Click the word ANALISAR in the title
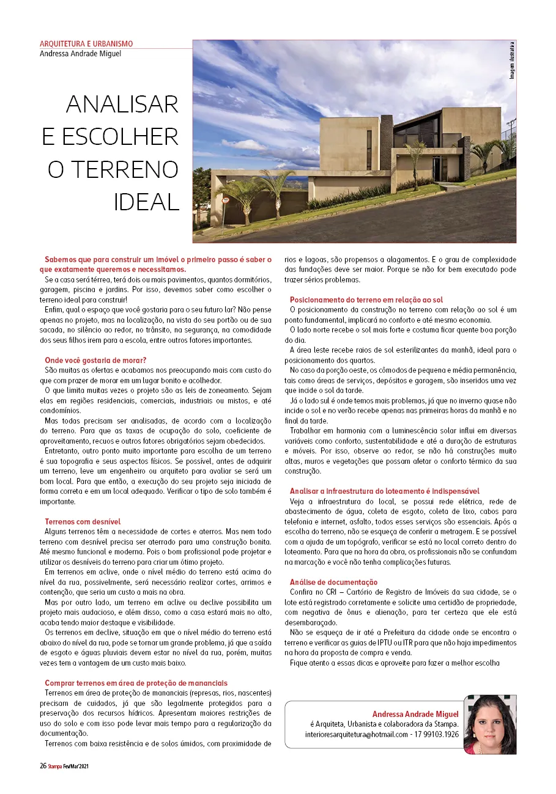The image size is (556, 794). click(x=122, y=105)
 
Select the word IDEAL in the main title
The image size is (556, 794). click(x=146, y=202)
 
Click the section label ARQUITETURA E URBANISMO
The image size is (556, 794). click(x=86, y=44)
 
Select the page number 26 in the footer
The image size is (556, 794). click(x=43, y=766)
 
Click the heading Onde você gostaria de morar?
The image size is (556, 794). click(x=96, y=360)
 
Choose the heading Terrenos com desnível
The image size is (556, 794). click(x=83, y=521)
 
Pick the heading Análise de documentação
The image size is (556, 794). click(x=334, y=582)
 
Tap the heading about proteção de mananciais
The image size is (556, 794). click(x=136, y=683)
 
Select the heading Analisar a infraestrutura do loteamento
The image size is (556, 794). click(x=384, y=491)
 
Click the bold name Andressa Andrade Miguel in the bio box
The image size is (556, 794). click(x=415, y=714)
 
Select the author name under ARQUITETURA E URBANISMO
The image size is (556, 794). click(x=80, y=53)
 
